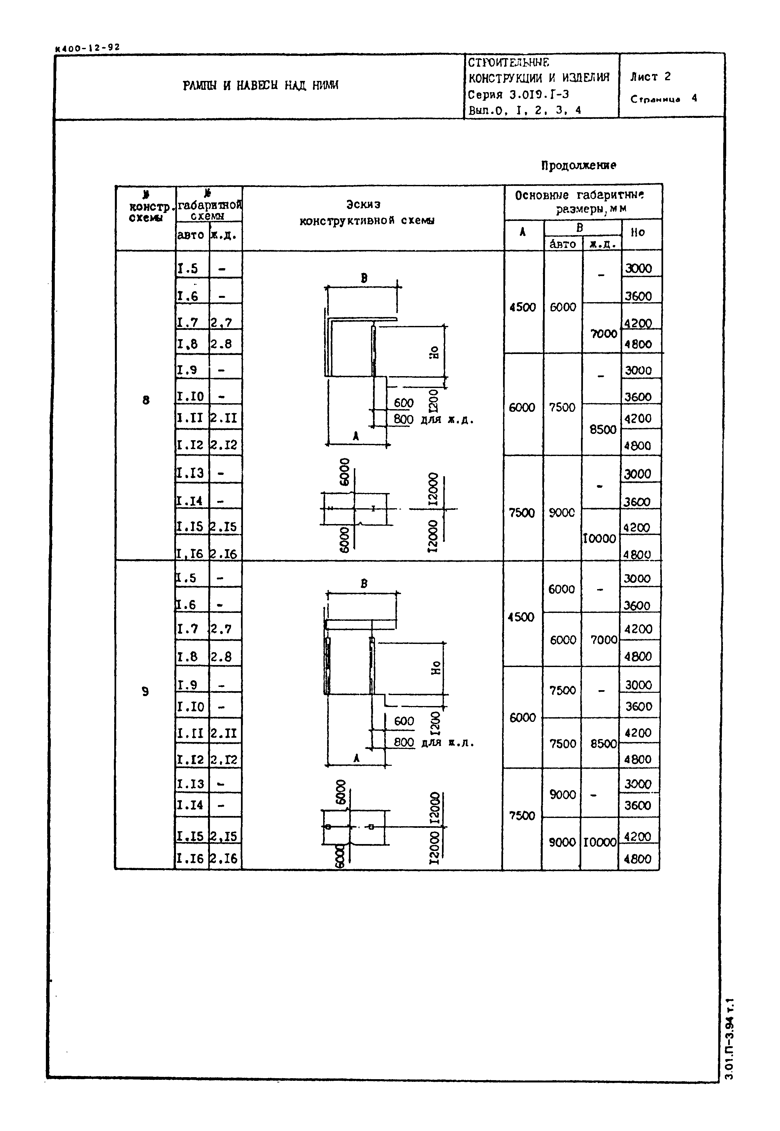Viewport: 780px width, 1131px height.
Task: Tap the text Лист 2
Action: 650,77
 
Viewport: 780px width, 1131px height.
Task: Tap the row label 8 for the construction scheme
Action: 146,400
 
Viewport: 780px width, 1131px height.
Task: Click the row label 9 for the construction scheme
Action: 145,691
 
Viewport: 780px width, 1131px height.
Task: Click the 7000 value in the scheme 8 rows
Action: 604,334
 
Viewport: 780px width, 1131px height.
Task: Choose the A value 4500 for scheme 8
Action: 523,307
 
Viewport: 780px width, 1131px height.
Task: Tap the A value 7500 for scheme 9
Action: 522,816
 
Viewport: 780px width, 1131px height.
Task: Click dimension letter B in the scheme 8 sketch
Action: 364,278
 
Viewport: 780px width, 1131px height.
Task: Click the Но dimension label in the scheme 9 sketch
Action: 435,668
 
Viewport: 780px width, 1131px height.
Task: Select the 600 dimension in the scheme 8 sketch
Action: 404,403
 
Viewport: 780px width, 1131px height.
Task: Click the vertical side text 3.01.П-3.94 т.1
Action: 730,1040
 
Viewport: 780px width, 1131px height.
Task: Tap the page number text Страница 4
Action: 664,99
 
